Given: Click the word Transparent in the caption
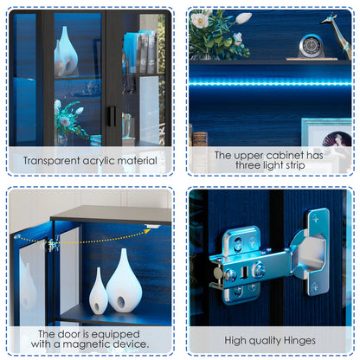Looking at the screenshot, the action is [x=51, y=160].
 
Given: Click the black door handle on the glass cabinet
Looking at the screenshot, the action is [x=112, y=117].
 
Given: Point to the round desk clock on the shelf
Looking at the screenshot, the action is [x=311, y=46].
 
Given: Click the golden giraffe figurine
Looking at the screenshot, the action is [x=337, y=35].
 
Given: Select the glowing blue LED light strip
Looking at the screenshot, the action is [x=270, y=84].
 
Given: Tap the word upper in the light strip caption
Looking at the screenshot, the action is [x=248, y=156].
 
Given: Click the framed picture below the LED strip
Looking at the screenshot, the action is [x=326, y=132].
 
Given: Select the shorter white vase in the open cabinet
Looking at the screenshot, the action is [x=99, y=291].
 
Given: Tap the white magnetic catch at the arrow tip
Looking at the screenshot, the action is [x=152, y=226].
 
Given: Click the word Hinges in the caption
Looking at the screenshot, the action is [x=299, y=341].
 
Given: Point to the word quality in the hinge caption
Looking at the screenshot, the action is [x=265, y=341].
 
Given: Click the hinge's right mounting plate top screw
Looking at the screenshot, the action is [x=316, y=219].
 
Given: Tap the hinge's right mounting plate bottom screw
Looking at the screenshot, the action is [x=315, y=287].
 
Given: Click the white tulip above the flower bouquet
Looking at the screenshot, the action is [x=243, y=18].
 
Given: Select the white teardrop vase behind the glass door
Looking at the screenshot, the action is [x=67, y=51].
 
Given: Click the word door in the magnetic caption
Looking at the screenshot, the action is [x=69, y=334].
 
